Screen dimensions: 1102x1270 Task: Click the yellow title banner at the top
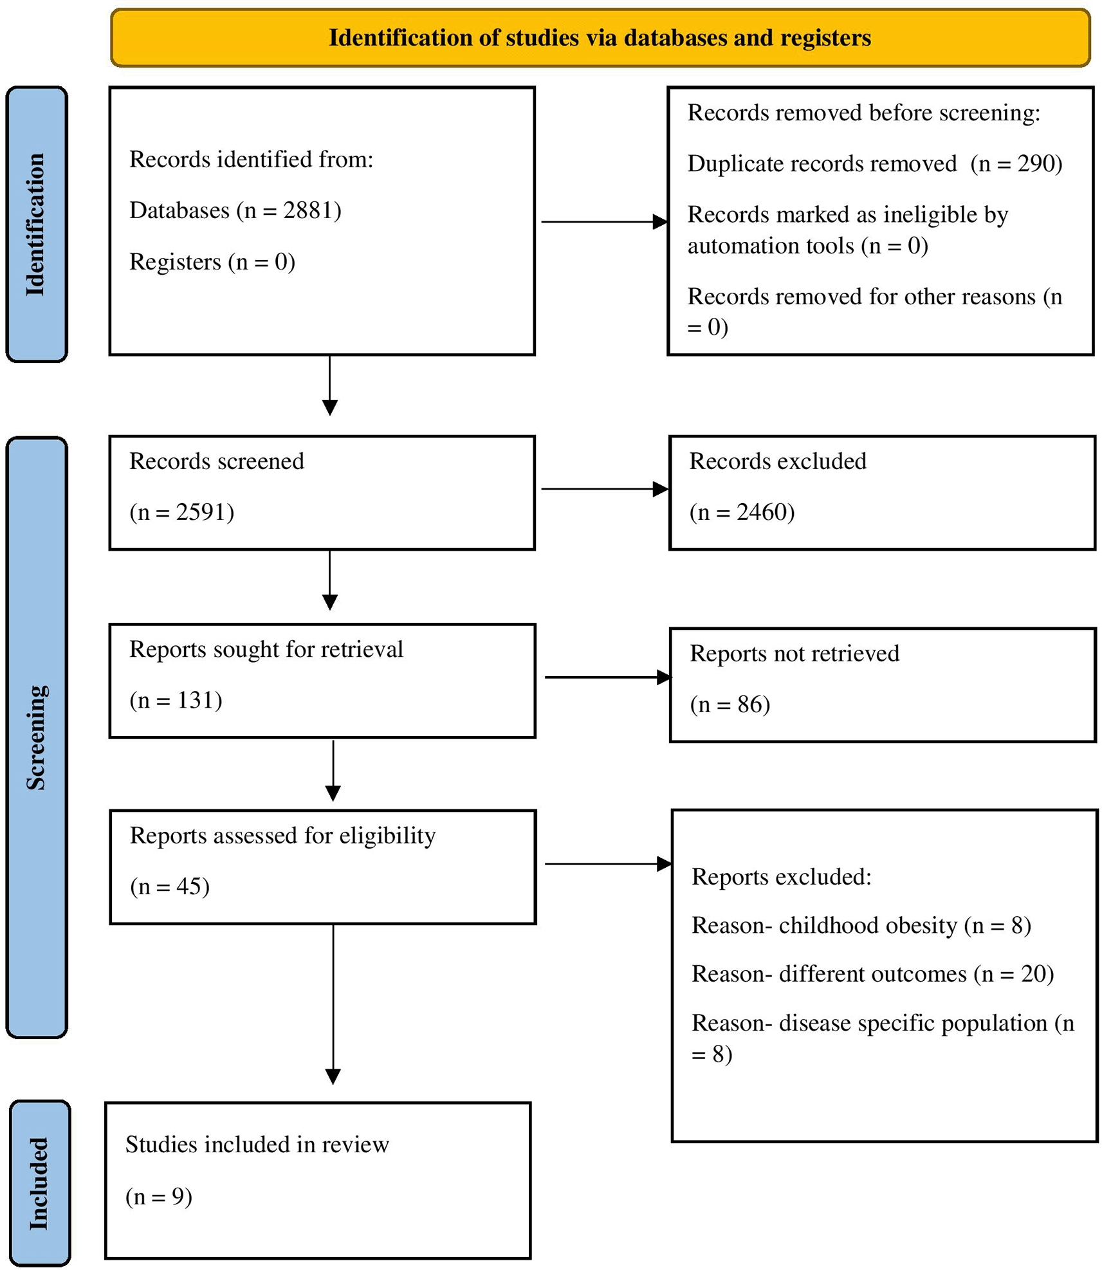click(600, 37)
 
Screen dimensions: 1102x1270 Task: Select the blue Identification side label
click(37, 224)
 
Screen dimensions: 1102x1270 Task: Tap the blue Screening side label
click(37, 737)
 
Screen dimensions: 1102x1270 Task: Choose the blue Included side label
click(40, 1183)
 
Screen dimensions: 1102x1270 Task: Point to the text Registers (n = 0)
click(212, 262)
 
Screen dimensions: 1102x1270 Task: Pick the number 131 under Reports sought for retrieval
click(196, 700)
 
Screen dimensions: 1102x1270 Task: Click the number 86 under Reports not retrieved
click(749, 704)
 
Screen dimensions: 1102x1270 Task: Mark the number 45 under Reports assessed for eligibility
click(189, 887)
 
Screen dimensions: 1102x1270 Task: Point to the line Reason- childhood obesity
click(825, 925)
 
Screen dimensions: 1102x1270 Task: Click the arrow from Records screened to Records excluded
click(605, 489)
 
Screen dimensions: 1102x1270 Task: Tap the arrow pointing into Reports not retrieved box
click(609, 677)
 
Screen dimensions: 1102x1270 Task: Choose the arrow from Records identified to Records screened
click(330, 385)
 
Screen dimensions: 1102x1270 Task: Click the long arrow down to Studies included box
click(333, 1004)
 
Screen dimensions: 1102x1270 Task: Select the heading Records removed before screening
click(864, 113)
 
